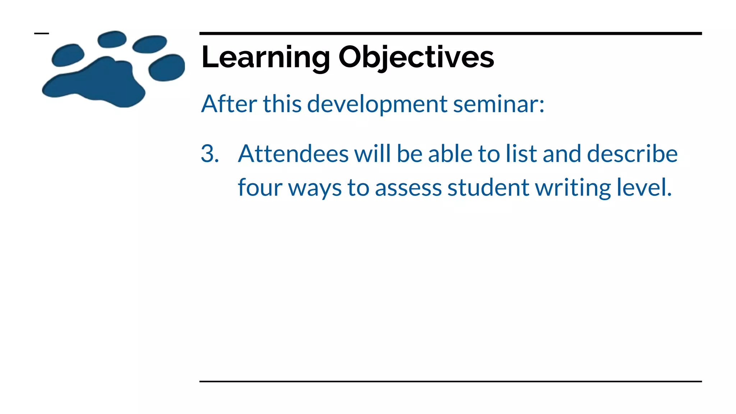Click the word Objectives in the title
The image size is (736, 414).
(416, 57)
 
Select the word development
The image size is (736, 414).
(377, 105)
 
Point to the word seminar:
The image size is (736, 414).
(498, 104)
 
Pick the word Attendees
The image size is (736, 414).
(293, 154)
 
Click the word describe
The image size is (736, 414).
(632, 154)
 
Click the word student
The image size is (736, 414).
(488, 188)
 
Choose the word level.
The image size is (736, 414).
(644, 188)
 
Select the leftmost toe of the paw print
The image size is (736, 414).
(67, 55)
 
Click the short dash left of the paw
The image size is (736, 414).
(41, 33)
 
